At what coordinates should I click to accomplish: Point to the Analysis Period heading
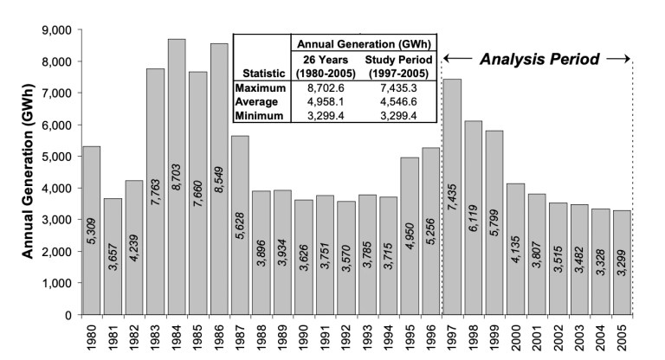[x=539, y=60]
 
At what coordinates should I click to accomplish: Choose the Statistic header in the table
[x=259, y=74]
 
